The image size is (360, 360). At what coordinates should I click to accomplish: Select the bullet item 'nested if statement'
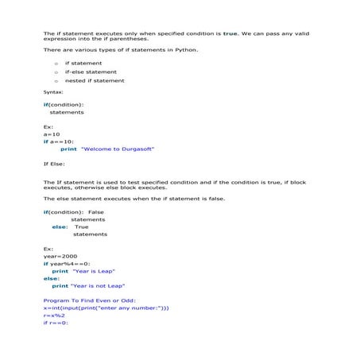point(95,80)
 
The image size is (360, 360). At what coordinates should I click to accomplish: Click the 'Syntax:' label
point(53,92)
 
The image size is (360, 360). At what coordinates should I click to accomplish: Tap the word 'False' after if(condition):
point(96,212)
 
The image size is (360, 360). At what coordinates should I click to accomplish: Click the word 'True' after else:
point(81,226)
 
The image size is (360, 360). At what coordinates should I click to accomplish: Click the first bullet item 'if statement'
point(83,63)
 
